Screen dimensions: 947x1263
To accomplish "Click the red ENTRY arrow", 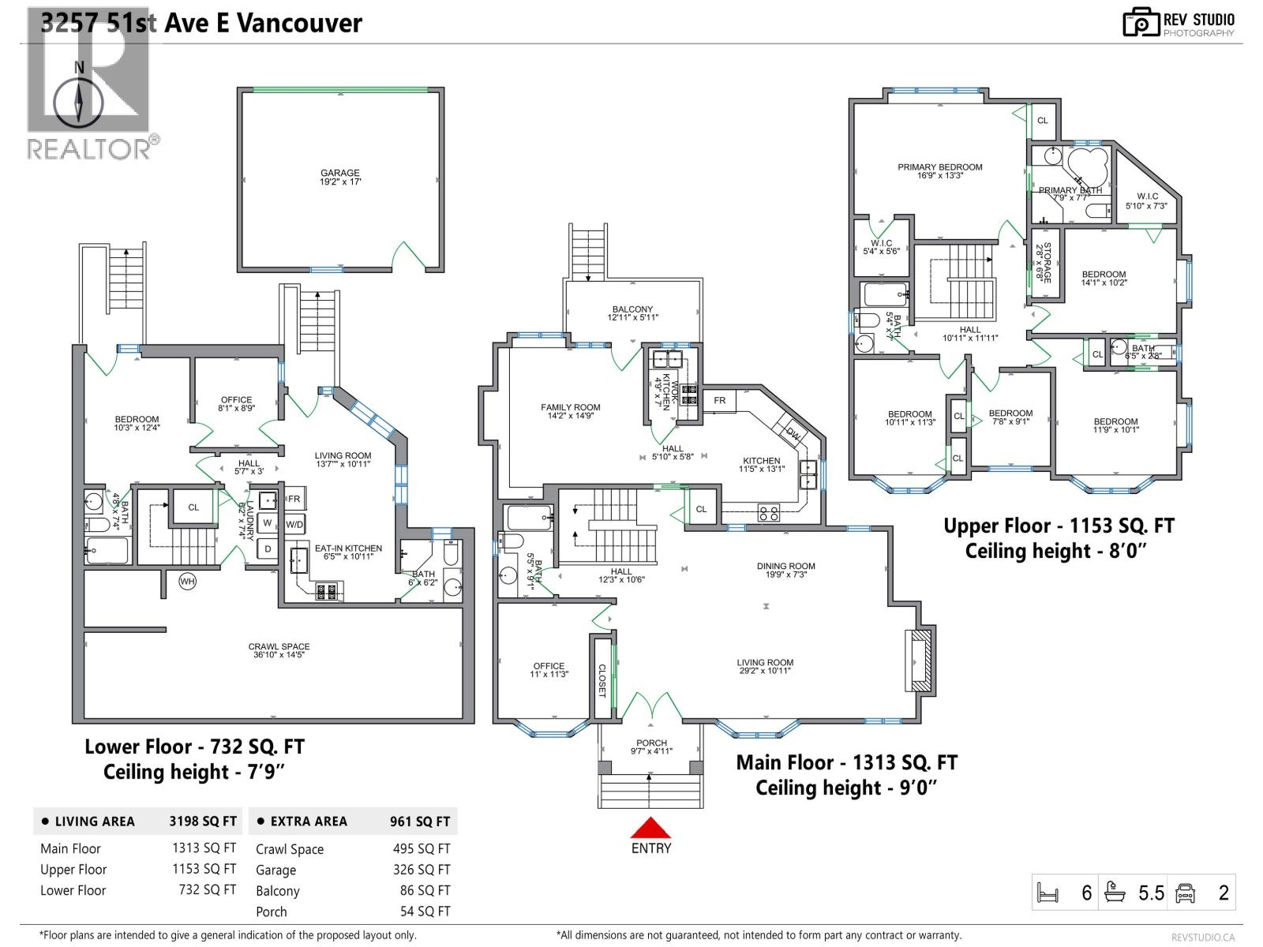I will (650, 829).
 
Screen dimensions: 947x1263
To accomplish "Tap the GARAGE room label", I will (340, 177).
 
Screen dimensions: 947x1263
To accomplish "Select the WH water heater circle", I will (187, 582).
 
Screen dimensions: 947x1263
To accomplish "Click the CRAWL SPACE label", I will (279, 650).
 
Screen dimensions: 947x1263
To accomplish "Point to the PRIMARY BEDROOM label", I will (939, 171).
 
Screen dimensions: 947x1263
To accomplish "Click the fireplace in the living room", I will (920, 661).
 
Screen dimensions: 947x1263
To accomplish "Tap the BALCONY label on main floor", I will (632, 313).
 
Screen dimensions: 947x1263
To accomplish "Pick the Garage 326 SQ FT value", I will (422, 870).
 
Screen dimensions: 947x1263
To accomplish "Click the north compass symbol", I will (79, 103).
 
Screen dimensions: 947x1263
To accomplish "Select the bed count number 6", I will (1086, 893).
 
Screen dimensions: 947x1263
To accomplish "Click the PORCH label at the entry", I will (651, 747).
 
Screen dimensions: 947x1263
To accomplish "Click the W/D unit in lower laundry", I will (294, 524).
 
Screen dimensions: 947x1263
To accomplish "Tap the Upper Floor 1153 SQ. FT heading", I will (1059, 526).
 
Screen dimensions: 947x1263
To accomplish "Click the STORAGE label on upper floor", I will (1044, 263).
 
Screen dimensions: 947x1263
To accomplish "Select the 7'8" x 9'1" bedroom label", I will (1010, 417).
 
